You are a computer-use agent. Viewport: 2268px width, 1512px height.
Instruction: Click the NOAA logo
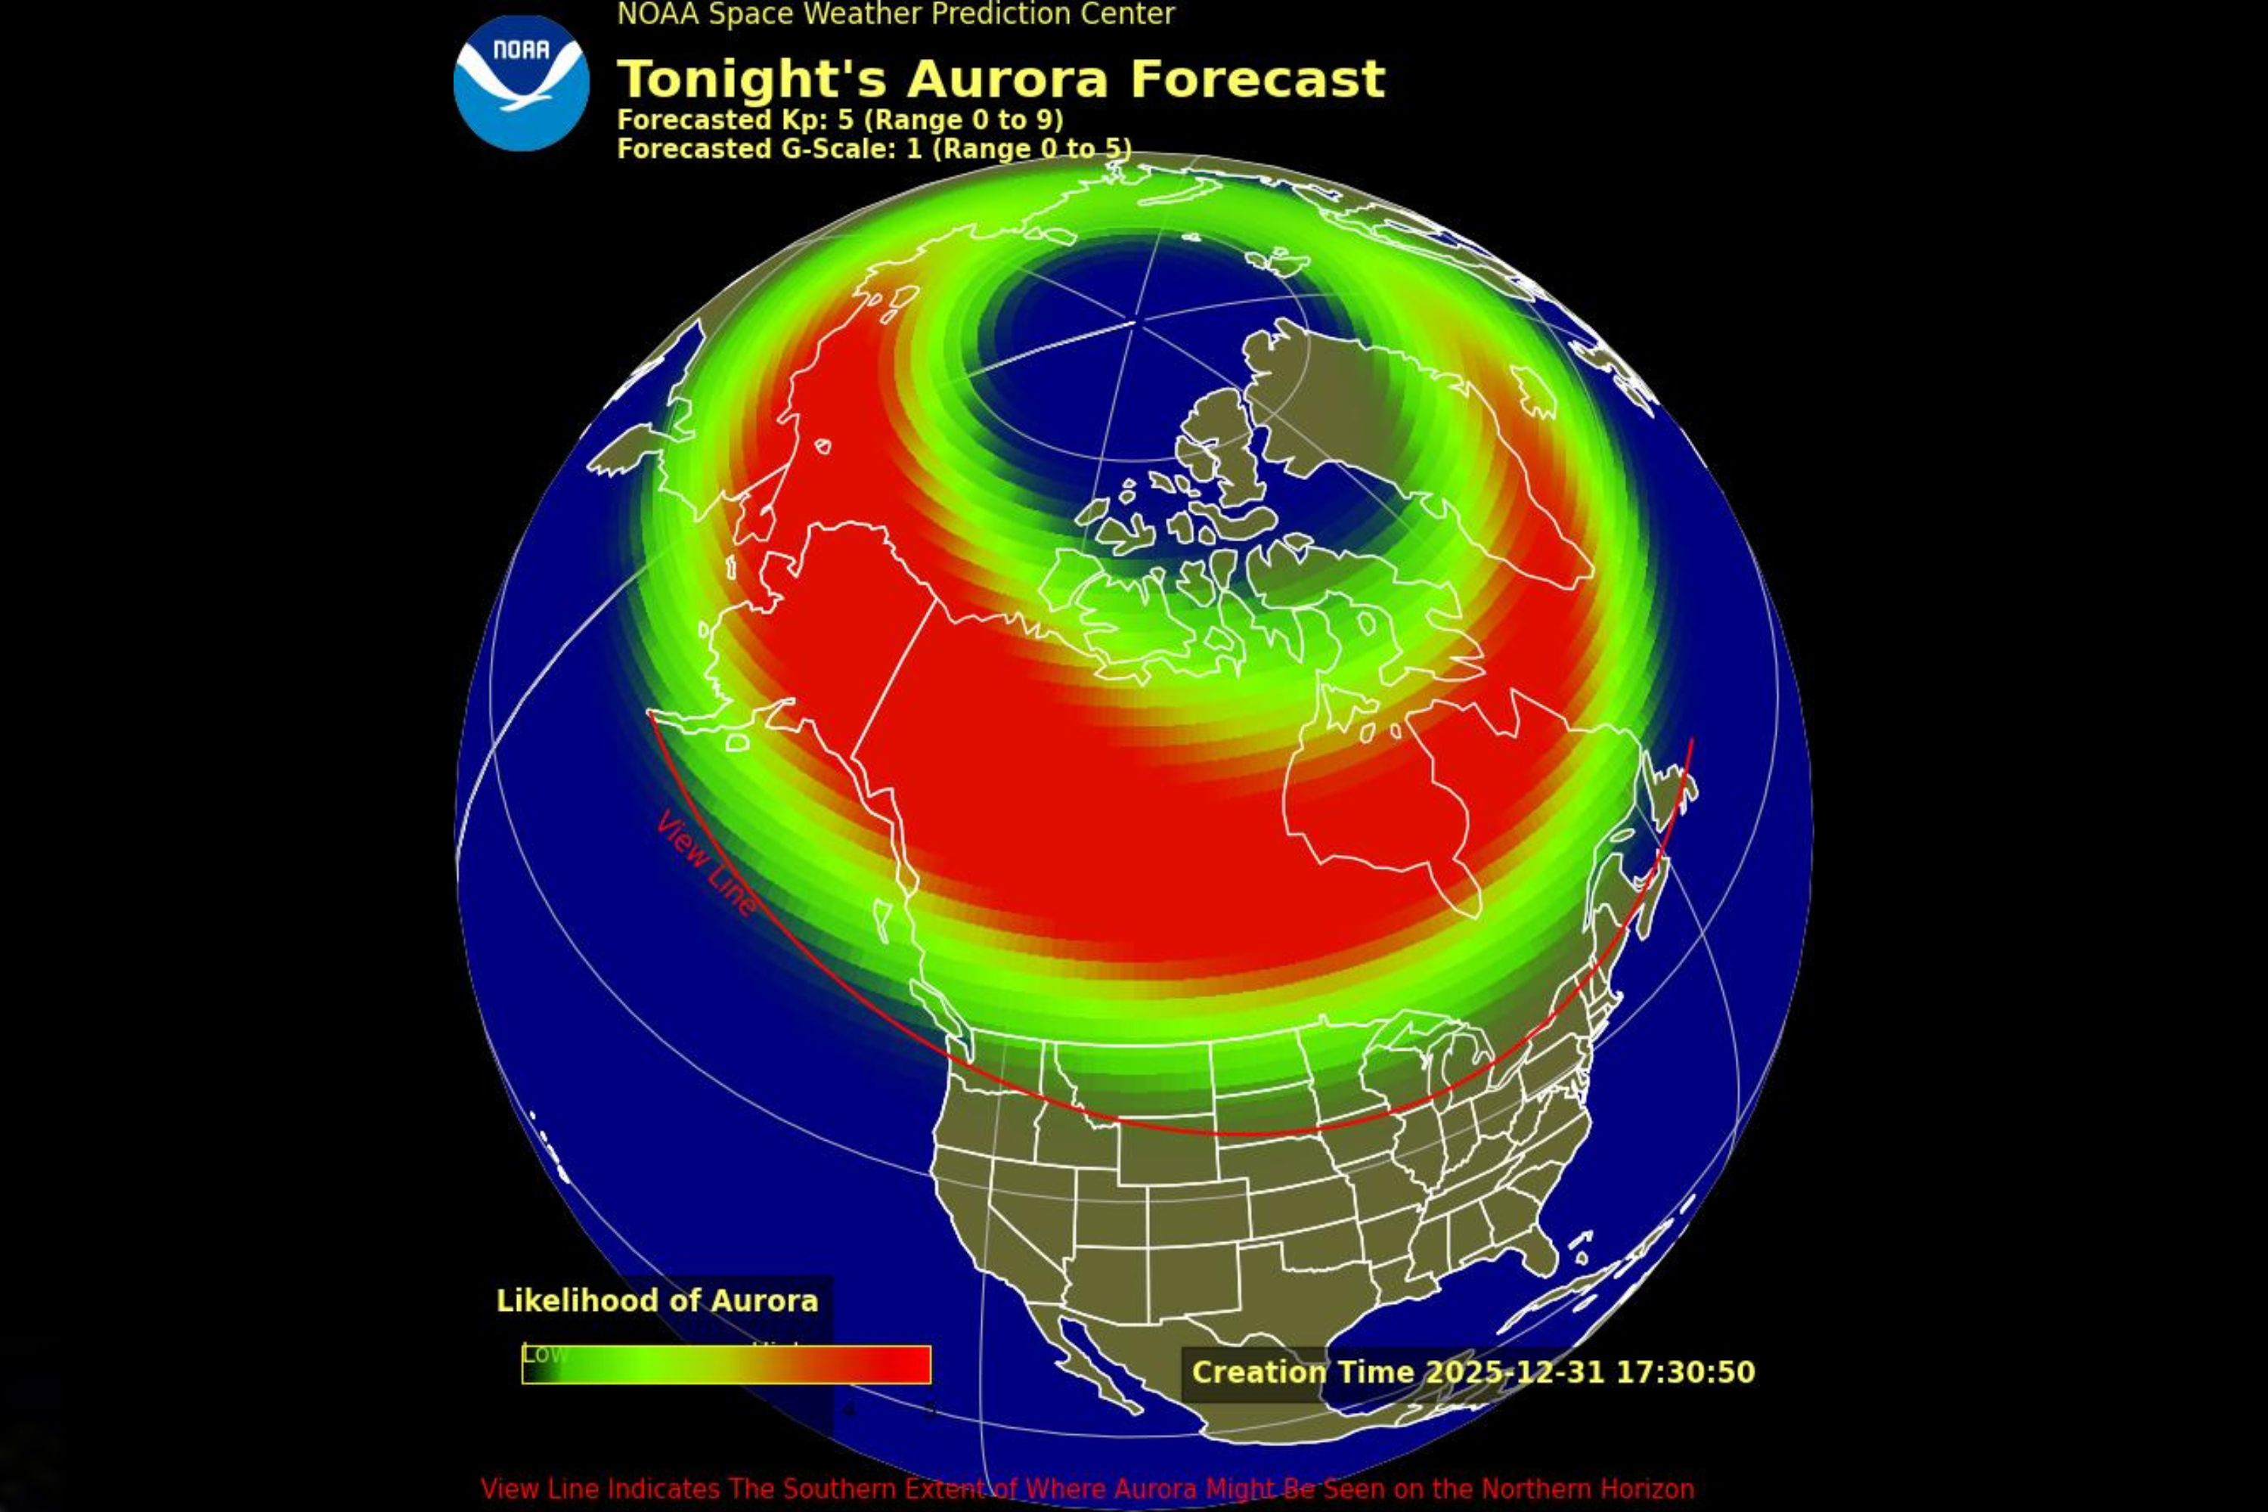pyautogui.click(x=521, y=83)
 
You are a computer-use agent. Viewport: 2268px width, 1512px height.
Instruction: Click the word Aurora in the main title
pyautogui.click(x=1008, y=79)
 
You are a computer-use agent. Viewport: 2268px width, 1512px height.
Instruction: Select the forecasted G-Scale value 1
pyautogui.click(x=913, y=150)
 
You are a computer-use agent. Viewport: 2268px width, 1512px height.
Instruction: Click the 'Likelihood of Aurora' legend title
pyautogui.click(x=657, y=1301)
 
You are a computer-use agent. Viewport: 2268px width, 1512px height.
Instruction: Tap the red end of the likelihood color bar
pyautogui.click(x=902, y=1365)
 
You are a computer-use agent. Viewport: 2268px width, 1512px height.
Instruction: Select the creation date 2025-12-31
pyautogui.click(x=1514, y=1372)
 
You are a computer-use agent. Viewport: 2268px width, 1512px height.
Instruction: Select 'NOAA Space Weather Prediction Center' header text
pyautogui.click(x=896, y=14)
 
